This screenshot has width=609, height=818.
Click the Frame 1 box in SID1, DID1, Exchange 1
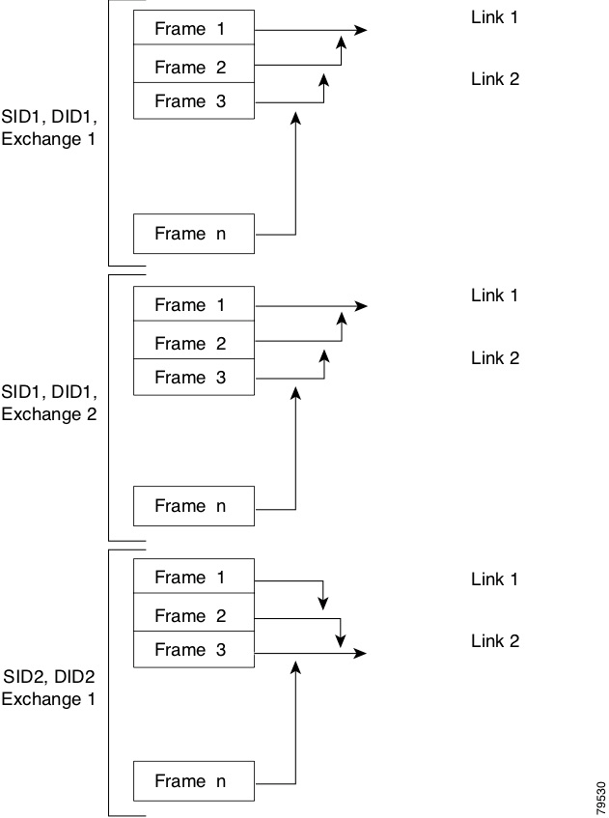coord(193,29)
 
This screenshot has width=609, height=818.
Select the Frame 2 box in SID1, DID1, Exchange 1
coord(193,67)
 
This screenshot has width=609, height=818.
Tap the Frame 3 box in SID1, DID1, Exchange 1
coord(193,101)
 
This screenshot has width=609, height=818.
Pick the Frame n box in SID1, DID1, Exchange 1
coord(193,234)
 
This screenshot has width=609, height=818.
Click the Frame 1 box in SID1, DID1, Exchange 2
coord(193,305)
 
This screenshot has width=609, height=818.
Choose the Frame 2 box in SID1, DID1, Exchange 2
coord(193,343)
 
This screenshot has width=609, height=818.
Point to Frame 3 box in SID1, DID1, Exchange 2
coord(193,378)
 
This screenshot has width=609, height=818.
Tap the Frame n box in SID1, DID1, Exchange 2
coord(193,506)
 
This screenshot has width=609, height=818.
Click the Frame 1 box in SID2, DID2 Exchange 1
coord(193,578)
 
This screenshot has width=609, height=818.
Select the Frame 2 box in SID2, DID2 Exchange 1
coord(193,615)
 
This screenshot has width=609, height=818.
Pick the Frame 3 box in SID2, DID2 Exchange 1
coord(193,650)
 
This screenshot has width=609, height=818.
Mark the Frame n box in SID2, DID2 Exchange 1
coord(193,781)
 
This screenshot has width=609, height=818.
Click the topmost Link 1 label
coord(494,17)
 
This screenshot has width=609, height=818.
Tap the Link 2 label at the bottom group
coord(494,640)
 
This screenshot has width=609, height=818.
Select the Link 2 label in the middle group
coord(494,358)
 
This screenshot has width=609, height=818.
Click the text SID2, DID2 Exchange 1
coord(48,687)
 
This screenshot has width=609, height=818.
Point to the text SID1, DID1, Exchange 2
coord(49,404)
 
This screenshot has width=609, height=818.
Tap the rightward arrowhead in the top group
coord(361,30)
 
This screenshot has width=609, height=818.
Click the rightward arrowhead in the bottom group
coord(361,653)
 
